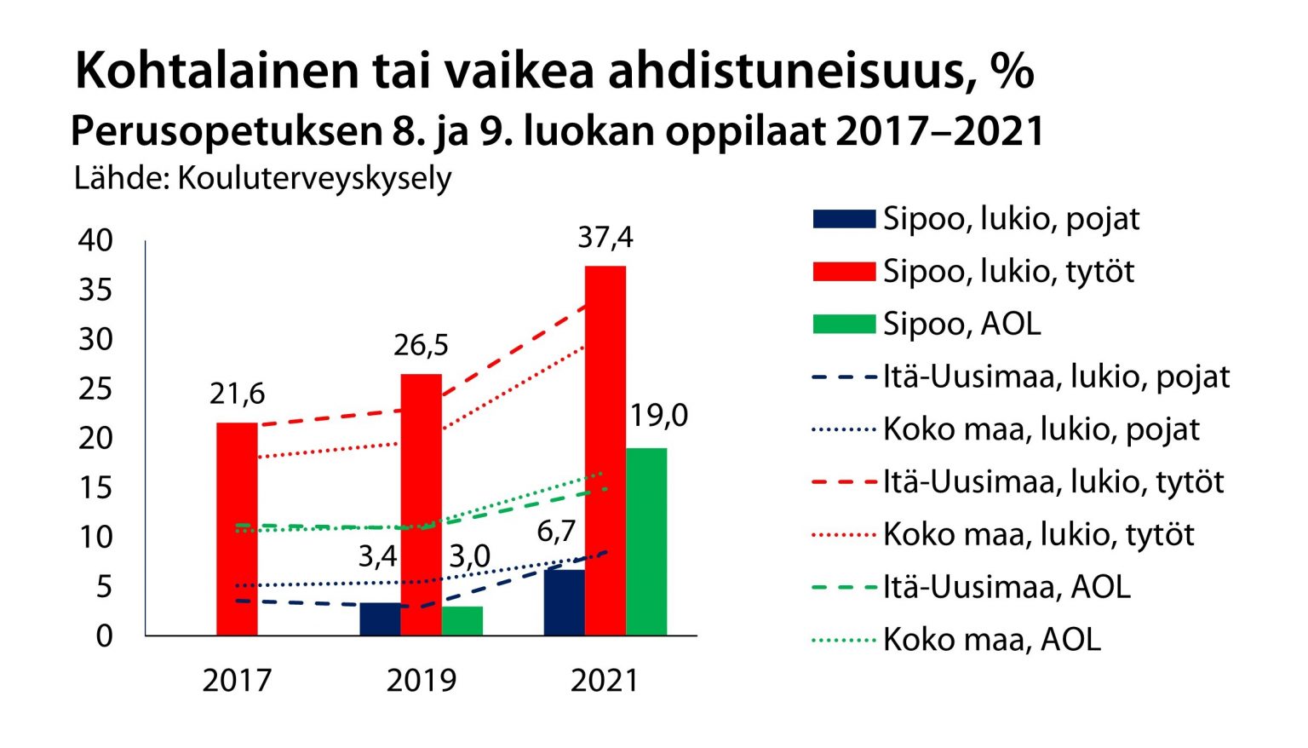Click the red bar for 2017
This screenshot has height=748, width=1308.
click(x=237, y=528)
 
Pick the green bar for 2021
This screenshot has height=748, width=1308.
click(x=646, y=542)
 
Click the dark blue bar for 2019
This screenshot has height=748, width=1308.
click(x=380, y=619)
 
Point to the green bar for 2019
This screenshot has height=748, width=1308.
click(x=462, y=621)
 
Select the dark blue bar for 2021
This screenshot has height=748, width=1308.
click(x=564, y=602)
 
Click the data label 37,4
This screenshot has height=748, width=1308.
click(x=605, y=237)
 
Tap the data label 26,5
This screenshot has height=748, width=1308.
click(x=421, y=345)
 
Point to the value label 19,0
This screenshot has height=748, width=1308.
click(x=658, y=415)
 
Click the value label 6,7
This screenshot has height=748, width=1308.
click(x=556, y=531)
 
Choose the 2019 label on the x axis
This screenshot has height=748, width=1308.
click(x=421, y=680)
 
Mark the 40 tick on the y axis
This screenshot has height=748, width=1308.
click(x=95, y=240)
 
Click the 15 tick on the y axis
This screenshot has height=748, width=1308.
click(x=95, y=487)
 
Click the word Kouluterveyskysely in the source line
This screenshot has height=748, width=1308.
click(x=314, y=178)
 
